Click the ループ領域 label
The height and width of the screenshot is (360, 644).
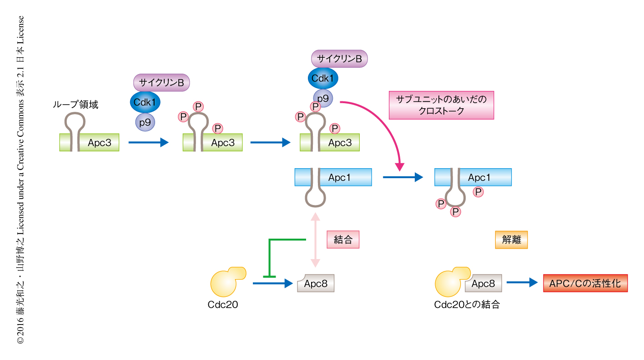click(75, 105)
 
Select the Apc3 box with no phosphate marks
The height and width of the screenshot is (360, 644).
click(89, 142)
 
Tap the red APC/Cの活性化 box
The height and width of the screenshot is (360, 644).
click(585, 283)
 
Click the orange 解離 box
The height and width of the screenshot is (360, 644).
click(511, 240)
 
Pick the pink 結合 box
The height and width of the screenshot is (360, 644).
click(343, 240)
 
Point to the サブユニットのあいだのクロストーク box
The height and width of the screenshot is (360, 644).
click(441, 105)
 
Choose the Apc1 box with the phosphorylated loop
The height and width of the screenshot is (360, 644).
click(473, 177)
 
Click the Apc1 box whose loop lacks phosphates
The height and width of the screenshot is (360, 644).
click(333, 177)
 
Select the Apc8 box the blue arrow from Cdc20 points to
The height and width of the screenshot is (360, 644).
click(316, 284)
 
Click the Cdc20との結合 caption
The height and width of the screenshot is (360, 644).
click(467, 305)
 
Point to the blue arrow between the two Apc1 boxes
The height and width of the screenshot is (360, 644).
click(402, 177)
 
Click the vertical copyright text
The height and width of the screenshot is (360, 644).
click(20, 180)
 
